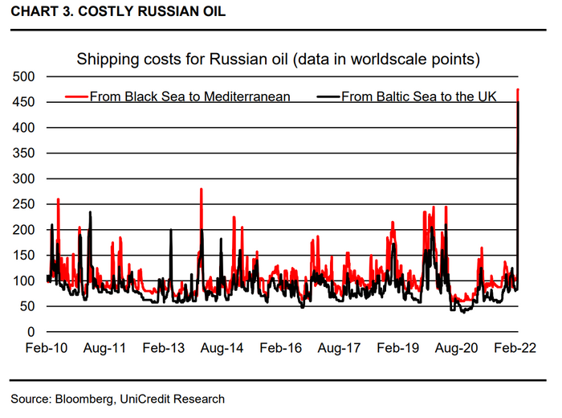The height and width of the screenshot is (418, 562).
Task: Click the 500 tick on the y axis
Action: point(25,76)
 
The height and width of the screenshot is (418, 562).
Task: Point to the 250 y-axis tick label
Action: point(25,204)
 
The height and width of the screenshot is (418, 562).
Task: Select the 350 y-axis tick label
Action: point(25,153)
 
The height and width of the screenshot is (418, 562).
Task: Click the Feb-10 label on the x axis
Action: point(47,349)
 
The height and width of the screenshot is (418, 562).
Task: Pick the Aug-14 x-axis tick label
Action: point(222,349)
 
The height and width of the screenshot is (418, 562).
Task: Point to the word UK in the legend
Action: point(485,96)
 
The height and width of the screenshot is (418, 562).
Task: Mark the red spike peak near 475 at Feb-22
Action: point(519,90)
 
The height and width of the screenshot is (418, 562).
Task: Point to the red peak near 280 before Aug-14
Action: point(201,190)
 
